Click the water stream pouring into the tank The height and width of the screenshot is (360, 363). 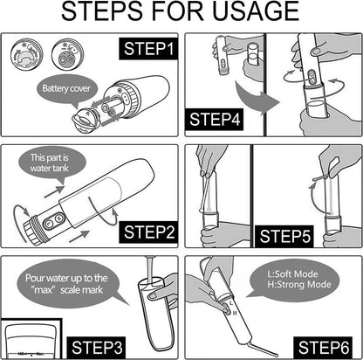pos(150,280)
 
